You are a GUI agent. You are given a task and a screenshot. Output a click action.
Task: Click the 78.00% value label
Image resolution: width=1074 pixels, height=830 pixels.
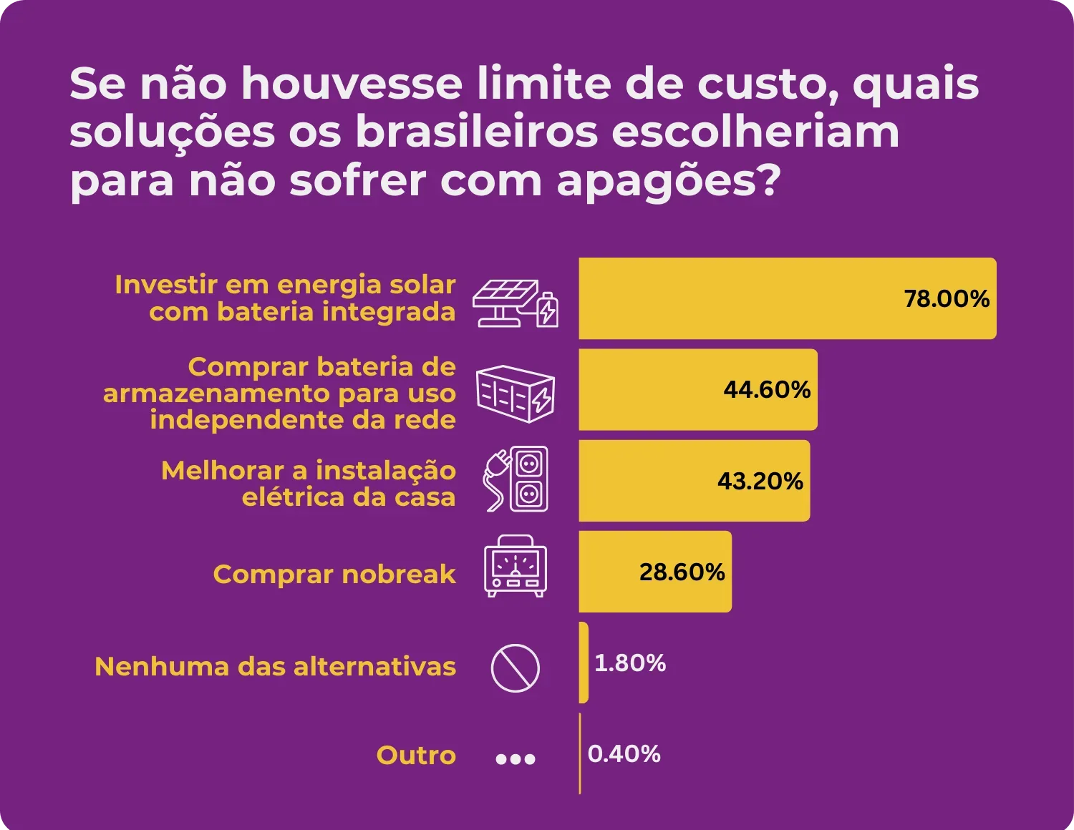[x=946, y=298]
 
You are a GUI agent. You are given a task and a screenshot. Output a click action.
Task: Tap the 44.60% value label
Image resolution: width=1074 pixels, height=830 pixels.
[x=767, y=389]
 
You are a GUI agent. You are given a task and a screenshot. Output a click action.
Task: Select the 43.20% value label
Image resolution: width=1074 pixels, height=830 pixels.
[x=760, y=481]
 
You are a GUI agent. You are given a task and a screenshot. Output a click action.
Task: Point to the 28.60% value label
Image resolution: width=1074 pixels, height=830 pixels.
[x=682, y=572]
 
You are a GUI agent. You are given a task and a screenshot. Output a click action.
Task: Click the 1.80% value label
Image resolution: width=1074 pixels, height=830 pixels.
[x=630, y=663]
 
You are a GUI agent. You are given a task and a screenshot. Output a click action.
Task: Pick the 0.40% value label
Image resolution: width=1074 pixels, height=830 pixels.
[x=624, y=754]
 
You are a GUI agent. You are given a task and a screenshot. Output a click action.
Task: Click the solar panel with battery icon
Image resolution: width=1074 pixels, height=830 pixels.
[x=516, y=303]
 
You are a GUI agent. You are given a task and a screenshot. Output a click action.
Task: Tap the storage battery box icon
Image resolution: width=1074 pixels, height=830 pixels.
[x=516, y=394]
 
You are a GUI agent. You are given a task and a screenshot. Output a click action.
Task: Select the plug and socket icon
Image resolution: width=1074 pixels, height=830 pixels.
[x=516, y=479]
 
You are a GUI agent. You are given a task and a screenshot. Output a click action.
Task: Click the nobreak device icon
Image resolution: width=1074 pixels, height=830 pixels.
[x=516, y=566]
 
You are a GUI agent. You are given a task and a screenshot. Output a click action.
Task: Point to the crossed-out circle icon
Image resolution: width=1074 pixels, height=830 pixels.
[x=516, y=668]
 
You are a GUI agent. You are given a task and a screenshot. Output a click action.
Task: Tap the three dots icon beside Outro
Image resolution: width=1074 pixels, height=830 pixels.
[x=516, y=759]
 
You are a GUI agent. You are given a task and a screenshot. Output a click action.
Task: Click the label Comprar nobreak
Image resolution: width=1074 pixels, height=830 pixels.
[x=334, y=574]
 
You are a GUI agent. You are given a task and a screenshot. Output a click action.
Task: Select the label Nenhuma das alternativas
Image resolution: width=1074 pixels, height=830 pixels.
[x=276, y=667]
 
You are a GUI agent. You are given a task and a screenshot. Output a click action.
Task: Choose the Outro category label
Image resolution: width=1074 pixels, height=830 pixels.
[x=416, y=756]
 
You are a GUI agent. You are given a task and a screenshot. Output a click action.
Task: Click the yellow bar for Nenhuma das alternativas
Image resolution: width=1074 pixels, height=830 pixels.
[x=584, y=663]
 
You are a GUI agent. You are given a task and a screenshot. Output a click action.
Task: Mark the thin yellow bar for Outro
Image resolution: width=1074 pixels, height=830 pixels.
[x=580, y=754]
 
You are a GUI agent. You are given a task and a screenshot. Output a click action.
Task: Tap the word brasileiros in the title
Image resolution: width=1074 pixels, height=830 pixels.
[x=476, y=133]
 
